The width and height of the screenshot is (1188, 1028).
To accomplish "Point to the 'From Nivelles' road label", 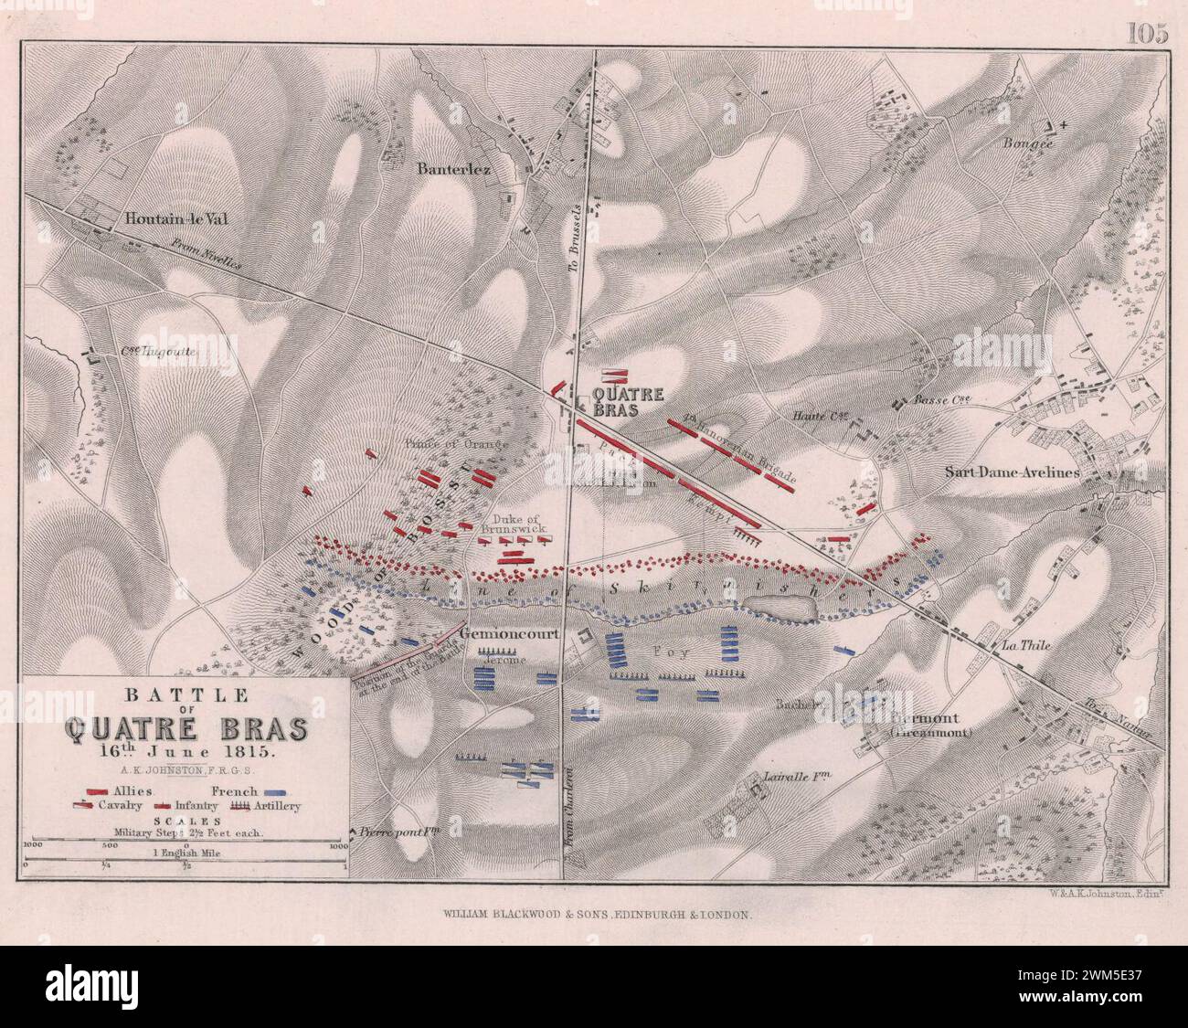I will pos(206,256).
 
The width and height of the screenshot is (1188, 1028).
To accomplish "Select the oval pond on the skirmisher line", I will pos(779,607).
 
